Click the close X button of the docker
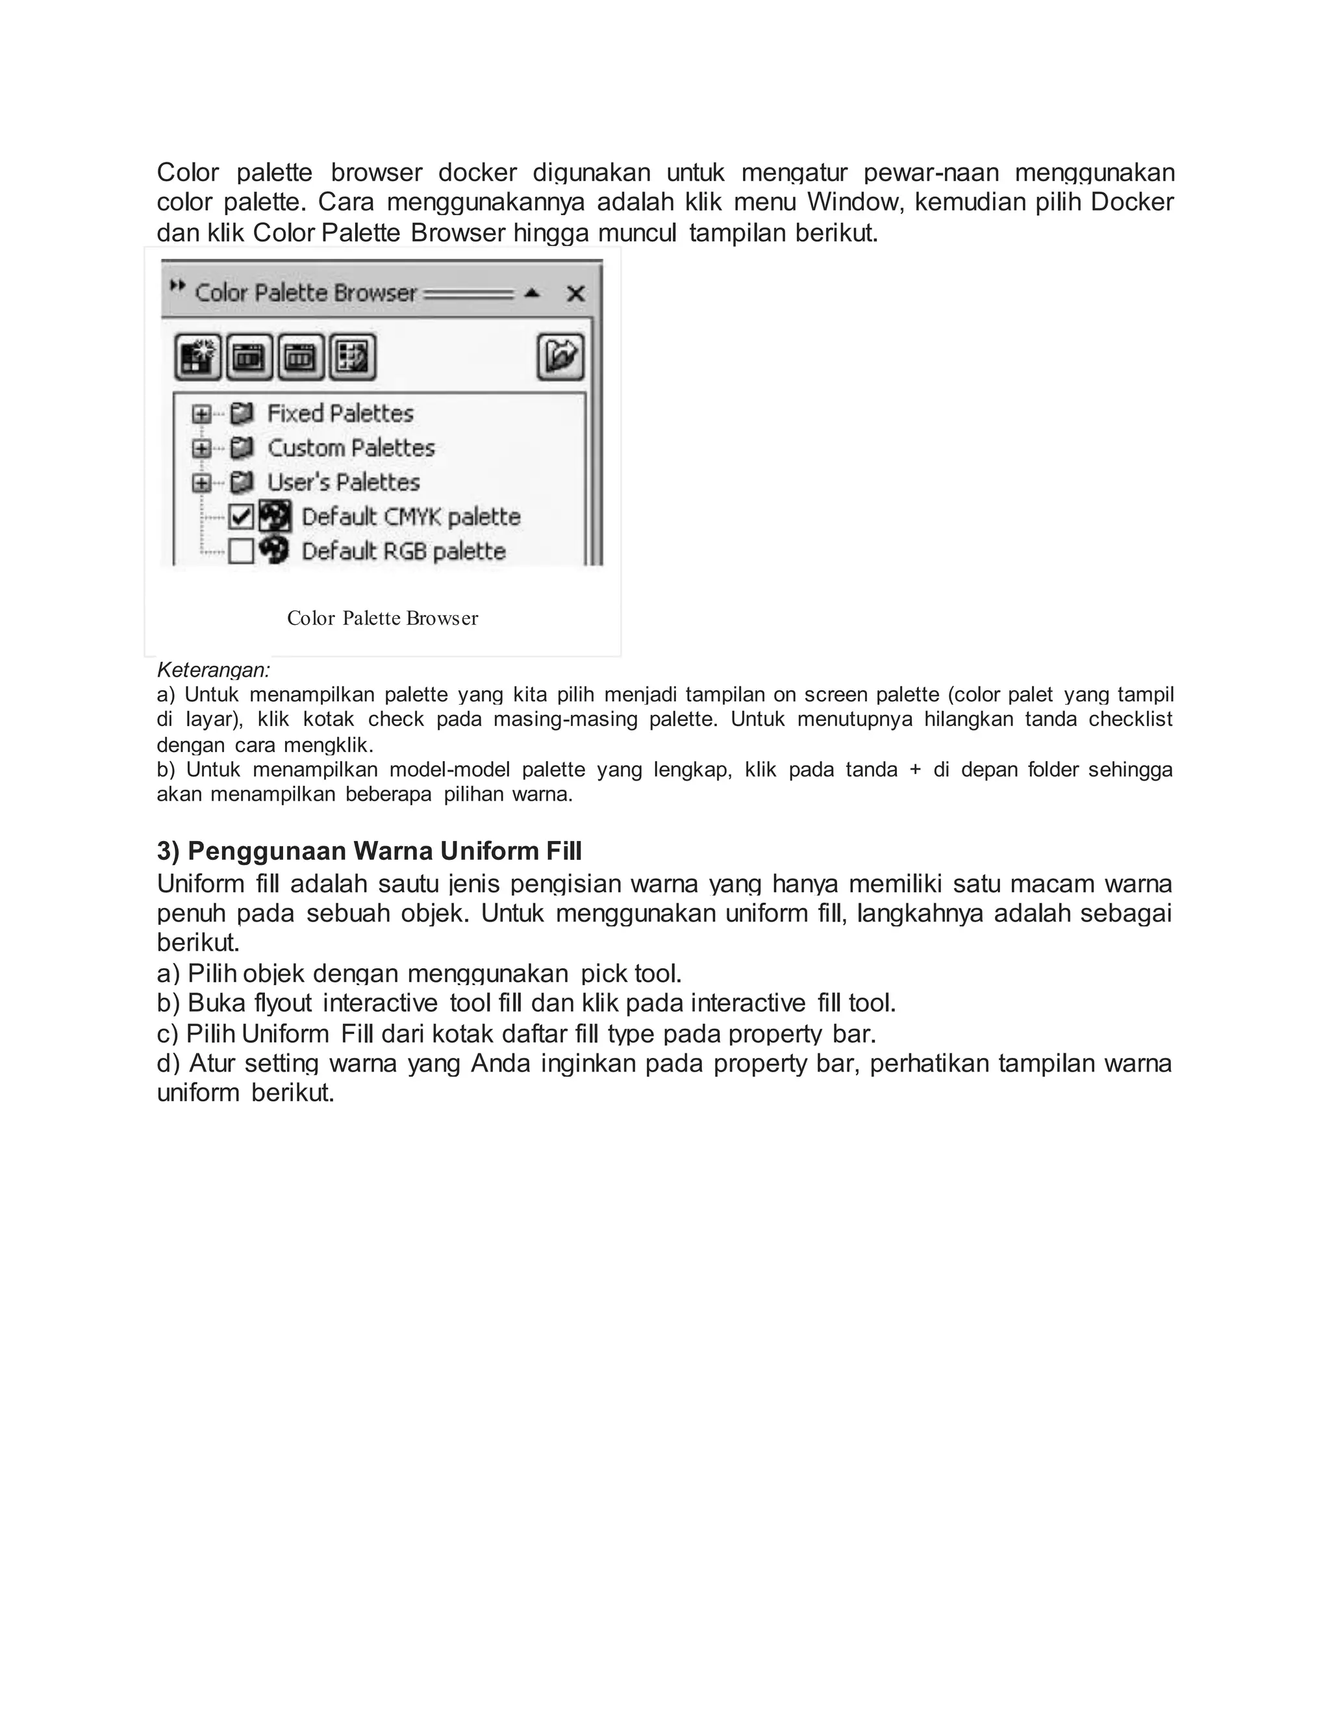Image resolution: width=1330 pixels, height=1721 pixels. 575,294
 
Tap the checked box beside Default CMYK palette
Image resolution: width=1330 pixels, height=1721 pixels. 241,517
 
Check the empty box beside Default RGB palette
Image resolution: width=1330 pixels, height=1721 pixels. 241,551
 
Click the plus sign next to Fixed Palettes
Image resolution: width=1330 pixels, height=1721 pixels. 202,414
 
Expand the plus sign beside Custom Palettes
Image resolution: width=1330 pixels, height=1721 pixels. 202,448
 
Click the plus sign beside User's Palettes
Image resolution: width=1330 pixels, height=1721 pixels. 202,483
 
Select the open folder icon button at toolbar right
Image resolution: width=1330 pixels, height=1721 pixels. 560,356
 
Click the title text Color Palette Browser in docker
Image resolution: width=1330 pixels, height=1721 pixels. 306,293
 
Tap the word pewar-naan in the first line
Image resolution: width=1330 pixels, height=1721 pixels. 931,173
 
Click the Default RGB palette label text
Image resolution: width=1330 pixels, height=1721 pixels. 403,551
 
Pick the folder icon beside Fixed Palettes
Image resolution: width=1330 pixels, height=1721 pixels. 242,414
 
